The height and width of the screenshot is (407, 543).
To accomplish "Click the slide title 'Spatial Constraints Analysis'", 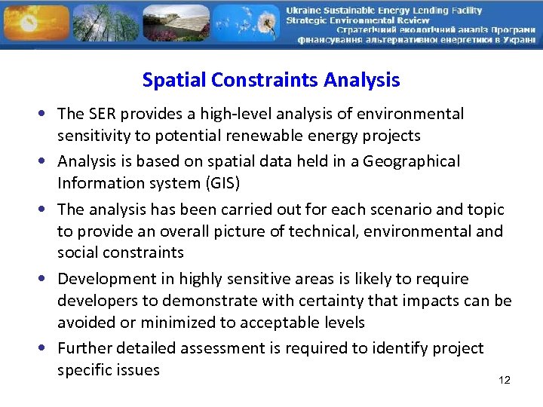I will point(271,80).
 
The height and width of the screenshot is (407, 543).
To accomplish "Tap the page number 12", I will point(505,381).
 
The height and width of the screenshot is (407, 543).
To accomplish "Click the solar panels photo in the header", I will point(175,23).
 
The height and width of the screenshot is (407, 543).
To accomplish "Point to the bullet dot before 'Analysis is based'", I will point(47,162).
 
